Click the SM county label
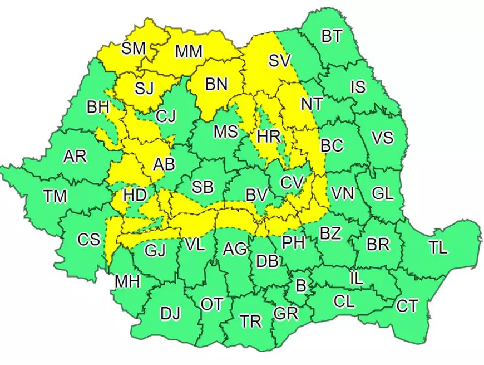(x=134, y=48)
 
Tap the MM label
(x=188, y=52)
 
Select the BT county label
(x=332, y=36)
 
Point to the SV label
(x=280, y=61)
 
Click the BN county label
(x=216, y=84)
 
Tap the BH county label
(x=98, y=107)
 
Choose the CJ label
(x=165, y=116)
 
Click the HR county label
(x=269, y=136)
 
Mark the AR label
(x=75, y=157)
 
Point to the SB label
(x=202, y=187)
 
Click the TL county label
(x=438, y=247)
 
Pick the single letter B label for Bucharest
(x=301, y=287)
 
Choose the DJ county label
(x=170, y=314)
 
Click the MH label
(x=127, y=281)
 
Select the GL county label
(x=382, y=193)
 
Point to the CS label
(x=89, y=240)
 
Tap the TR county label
(x=251, y=321)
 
